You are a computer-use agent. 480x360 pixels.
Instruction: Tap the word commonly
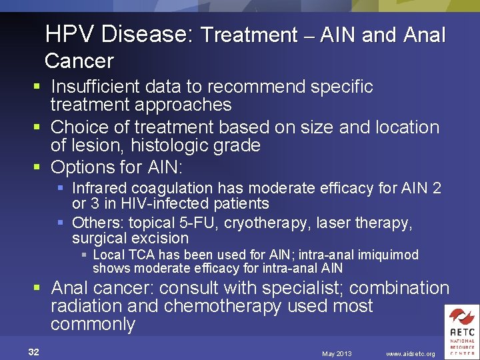tap(93, 325)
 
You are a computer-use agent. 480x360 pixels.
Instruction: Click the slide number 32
tap(34, 352)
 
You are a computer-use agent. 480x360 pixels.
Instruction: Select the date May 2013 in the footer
tap(336, 353)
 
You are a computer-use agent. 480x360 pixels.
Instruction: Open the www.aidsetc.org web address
tap(410, 353)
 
